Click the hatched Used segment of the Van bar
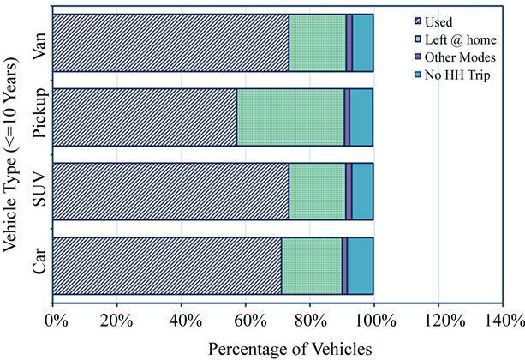170,43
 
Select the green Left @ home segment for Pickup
290,117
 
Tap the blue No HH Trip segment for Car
360,267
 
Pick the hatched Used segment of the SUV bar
170,191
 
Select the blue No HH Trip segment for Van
362,43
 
